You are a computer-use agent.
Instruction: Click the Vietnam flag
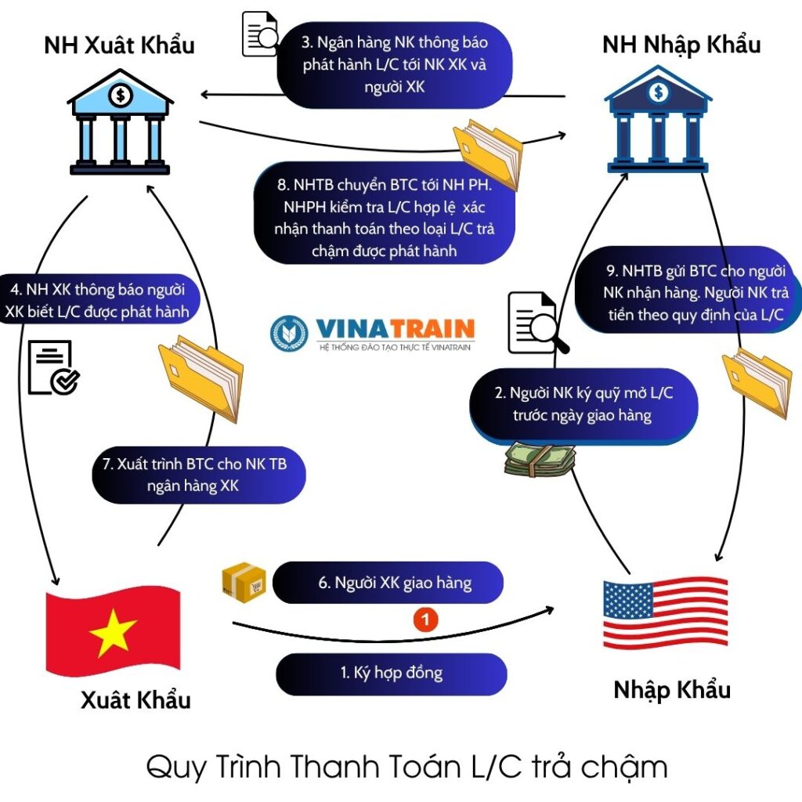tap(114, 634)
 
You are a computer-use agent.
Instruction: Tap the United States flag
tap(666, 614)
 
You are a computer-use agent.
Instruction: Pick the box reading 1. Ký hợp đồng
tap(392, 674)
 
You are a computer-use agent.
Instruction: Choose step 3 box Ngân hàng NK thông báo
tap(395, 64)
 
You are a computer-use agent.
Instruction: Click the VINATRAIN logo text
tap(396, 327)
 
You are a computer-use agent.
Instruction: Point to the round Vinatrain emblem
tap(290, 333)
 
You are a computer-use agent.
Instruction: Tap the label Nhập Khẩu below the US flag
tap(672, 690)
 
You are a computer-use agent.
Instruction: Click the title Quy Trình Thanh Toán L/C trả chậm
tap(407, 766)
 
